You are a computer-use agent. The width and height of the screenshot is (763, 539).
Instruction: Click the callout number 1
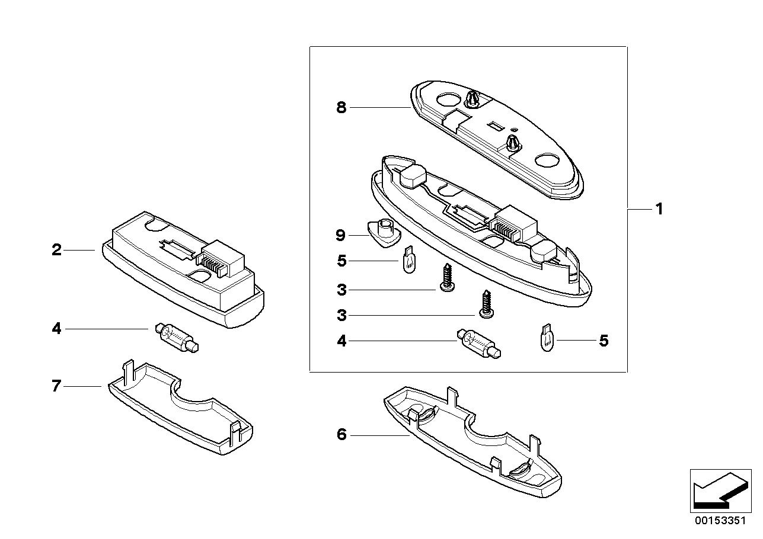658,209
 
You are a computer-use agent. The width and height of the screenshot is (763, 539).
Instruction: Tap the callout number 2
56,250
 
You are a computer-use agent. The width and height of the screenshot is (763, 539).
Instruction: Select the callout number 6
341,435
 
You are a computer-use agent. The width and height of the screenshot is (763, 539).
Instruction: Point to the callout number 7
56,386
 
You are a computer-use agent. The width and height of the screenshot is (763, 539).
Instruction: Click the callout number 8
341,108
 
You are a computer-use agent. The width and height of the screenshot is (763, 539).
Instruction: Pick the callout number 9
340,235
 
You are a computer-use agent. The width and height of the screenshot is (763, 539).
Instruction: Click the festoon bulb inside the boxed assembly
480,344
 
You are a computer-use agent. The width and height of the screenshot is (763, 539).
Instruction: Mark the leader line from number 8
379,108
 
